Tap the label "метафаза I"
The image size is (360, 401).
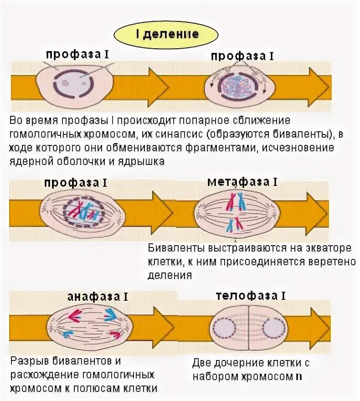pos(242,182)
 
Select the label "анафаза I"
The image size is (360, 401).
pos(98,297)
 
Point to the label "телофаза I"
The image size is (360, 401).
pos(251,296)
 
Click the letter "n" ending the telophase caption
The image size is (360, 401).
pos(298,376)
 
